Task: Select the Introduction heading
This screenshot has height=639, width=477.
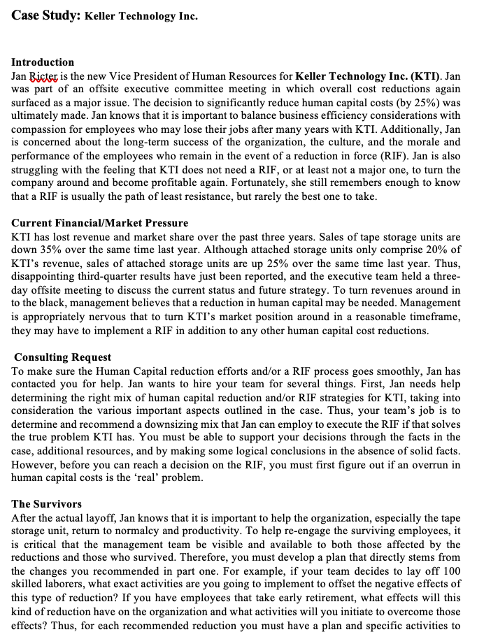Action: (43, 62)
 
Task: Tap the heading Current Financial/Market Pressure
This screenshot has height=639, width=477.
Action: (100, 223)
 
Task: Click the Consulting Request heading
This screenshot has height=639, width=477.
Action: (63, 357)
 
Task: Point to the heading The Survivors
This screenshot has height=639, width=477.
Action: (47, 503)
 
